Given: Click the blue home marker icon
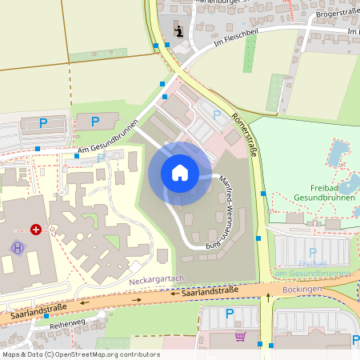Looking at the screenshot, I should coord(179,173).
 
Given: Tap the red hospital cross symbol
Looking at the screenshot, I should coord(36,230).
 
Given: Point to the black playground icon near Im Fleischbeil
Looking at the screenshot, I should coord(179,32).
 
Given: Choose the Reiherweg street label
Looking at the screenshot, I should coord(67,326).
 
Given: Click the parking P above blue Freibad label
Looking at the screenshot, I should coord(313,253).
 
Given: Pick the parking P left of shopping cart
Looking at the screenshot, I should coord(230,313).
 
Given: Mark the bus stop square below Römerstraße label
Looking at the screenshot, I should coord(263,193).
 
